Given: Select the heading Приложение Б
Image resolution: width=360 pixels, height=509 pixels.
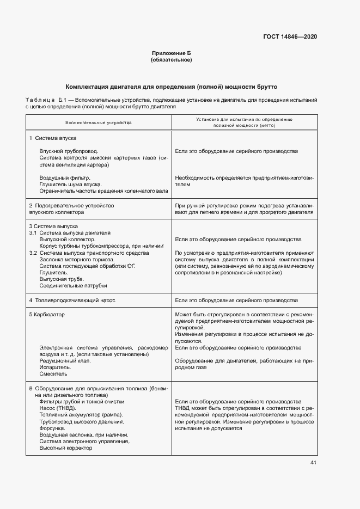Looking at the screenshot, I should point(171,53).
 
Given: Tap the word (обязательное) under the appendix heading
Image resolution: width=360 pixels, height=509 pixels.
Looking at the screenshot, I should point(171,59).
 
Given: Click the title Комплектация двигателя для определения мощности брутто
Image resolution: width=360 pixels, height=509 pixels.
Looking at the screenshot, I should point(172,87).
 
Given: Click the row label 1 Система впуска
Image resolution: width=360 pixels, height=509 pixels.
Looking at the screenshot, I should point(53,139).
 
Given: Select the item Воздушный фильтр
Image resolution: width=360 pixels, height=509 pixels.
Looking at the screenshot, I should point(65,177).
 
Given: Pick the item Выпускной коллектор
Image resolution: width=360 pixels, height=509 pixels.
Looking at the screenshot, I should point(68,239).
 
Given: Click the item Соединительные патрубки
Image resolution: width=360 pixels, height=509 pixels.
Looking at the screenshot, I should point(73,285).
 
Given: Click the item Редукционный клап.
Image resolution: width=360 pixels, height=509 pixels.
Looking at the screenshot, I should point(65,360).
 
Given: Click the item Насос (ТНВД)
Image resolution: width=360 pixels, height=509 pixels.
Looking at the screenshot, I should point(58,408).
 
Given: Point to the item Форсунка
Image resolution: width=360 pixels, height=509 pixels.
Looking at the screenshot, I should point(53,428).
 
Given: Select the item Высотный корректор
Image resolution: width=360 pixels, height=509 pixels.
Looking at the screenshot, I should point(66,448).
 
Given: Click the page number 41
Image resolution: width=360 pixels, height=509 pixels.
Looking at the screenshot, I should point(313,463).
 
